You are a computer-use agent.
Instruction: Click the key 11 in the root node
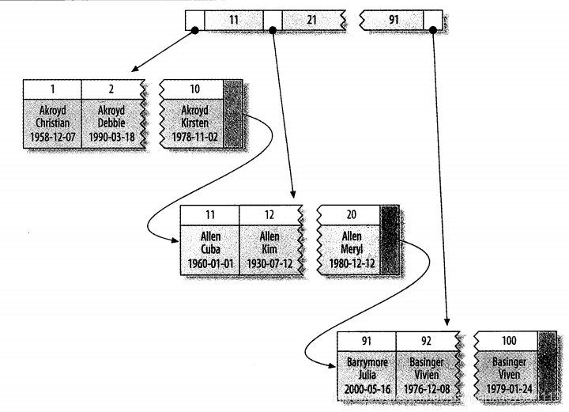232,18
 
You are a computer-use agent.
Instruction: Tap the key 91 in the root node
394,18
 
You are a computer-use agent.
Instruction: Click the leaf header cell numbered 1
52,89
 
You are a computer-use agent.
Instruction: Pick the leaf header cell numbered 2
111,89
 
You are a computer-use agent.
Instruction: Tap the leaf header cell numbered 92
425,341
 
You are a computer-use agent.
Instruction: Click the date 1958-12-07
52,137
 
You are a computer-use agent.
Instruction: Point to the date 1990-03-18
111,137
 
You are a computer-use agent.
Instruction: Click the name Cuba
209,250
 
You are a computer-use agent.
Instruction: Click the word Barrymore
366,362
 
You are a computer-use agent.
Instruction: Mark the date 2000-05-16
366,389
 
